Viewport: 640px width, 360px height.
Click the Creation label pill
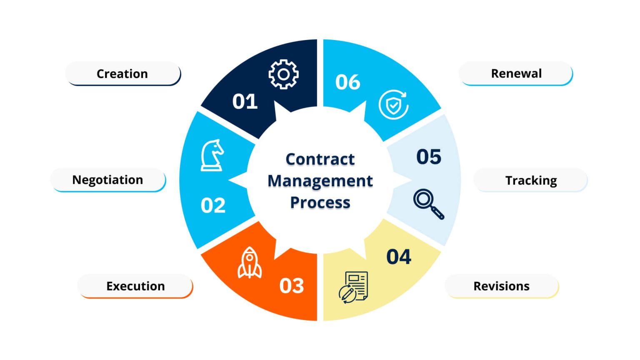coord(123,73)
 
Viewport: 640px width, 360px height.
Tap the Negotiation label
coord(108,180)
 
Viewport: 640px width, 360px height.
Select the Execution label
coord(135,286)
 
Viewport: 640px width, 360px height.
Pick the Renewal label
coord(516,73)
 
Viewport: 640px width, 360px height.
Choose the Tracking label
coord(530,180)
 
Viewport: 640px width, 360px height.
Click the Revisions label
coord(502,286)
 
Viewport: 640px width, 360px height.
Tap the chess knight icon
coord(212,155)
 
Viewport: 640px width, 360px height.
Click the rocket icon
coord(250,262)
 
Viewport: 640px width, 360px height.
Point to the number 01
coord(245,101)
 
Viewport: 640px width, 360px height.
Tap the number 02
coord(213,205)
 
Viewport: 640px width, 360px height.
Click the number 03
coord(291,286)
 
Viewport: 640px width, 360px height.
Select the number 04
coord(399,257)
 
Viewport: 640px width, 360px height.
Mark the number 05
coord(429,157)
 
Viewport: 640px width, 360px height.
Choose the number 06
coord(348,82)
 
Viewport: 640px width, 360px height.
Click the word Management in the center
coord(320,181)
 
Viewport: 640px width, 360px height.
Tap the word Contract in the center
coord(320,159)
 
